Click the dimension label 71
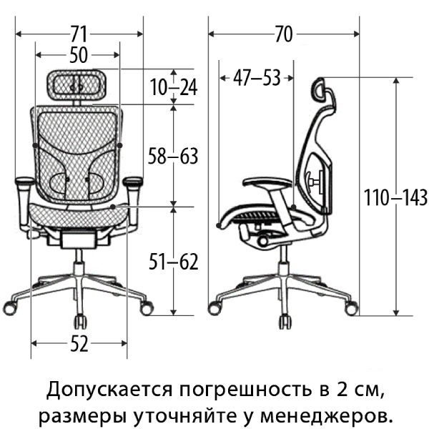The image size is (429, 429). [x=79, y=34]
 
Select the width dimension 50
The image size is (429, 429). [x=79, y=55]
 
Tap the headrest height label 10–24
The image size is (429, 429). [x=174, y=87]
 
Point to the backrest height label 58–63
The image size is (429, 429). [x=173, y=155]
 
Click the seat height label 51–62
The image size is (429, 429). [x=173, y=262]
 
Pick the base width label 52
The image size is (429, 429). [x=79, y=345]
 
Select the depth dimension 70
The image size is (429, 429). [x=284, y=34]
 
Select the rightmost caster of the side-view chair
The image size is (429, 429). [x=352, y=309]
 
